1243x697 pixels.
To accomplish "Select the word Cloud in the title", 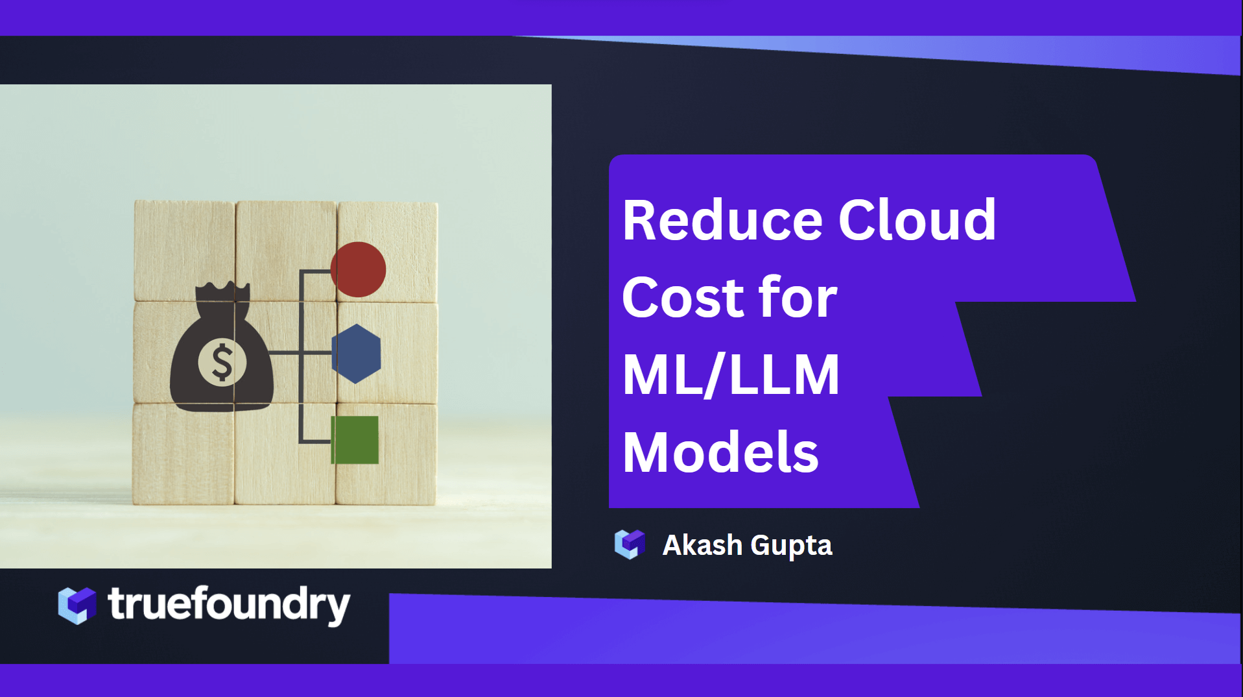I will [x=917, y=221].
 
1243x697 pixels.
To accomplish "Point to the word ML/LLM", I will [x=731, y=375].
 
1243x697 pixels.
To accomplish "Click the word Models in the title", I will [x=720, y=452].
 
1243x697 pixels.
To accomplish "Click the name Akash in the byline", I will [x=702, y=545].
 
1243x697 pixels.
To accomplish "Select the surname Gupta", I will [x=791, y=546].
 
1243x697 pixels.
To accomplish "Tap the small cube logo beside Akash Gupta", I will [x=630, y=544].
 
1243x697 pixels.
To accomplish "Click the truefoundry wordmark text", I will [x=229, y=605].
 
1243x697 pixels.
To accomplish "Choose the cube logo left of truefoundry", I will [x=77, y=605].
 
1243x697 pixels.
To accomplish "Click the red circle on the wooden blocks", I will [x=359, y=269].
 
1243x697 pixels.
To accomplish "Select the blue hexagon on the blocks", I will [x=356, y=354].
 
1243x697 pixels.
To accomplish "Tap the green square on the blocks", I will [x=355, y=440].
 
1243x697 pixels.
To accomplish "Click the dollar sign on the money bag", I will [x=222, y=362].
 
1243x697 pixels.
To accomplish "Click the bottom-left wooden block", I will [x=183, y=454].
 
